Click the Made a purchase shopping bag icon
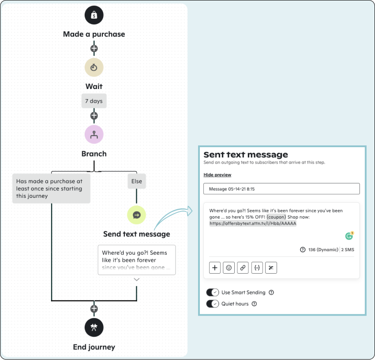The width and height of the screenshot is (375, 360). pos(94,15)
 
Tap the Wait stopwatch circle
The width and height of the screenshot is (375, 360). pos(94,67)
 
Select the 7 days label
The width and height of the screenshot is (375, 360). pos(94,101)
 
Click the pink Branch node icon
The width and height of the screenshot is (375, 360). pos(94,134)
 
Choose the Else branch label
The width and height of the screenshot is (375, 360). pos(137,181)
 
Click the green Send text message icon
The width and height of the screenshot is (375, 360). pos(137,215)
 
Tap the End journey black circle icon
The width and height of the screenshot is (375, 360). pos(94,327)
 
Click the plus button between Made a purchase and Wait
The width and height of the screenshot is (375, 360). pos(94,48)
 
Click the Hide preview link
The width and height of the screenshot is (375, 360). pos(217,175)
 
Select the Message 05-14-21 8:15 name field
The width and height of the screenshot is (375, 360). pos(281,189)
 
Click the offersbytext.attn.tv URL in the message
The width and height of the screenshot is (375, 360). pos(253,223)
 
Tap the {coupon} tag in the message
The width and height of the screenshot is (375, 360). pos(276,217)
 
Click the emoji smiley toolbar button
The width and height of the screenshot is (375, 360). pos(229,268)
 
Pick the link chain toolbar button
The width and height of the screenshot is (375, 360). pos(243,268)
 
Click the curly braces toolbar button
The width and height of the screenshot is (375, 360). pos(257,268)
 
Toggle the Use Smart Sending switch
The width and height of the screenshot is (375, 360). pos(212,293)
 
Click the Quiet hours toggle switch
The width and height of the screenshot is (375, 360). pos(212,304)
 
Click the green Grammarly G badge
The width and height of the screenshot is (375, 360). pos(349,236)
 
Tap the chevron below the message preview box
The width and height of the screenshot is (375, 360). pos(137,279)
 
